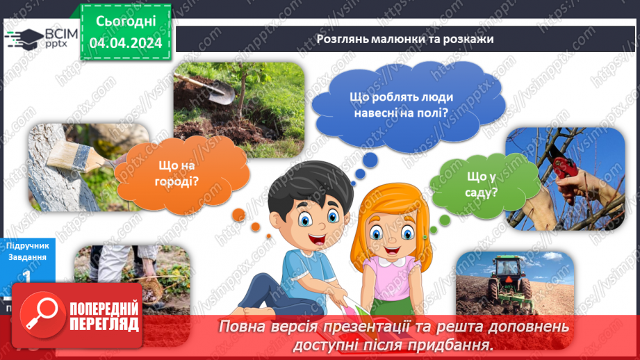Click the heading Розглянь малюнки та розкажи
coord(404,39)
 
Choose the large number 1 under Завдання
coord(26,277)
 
